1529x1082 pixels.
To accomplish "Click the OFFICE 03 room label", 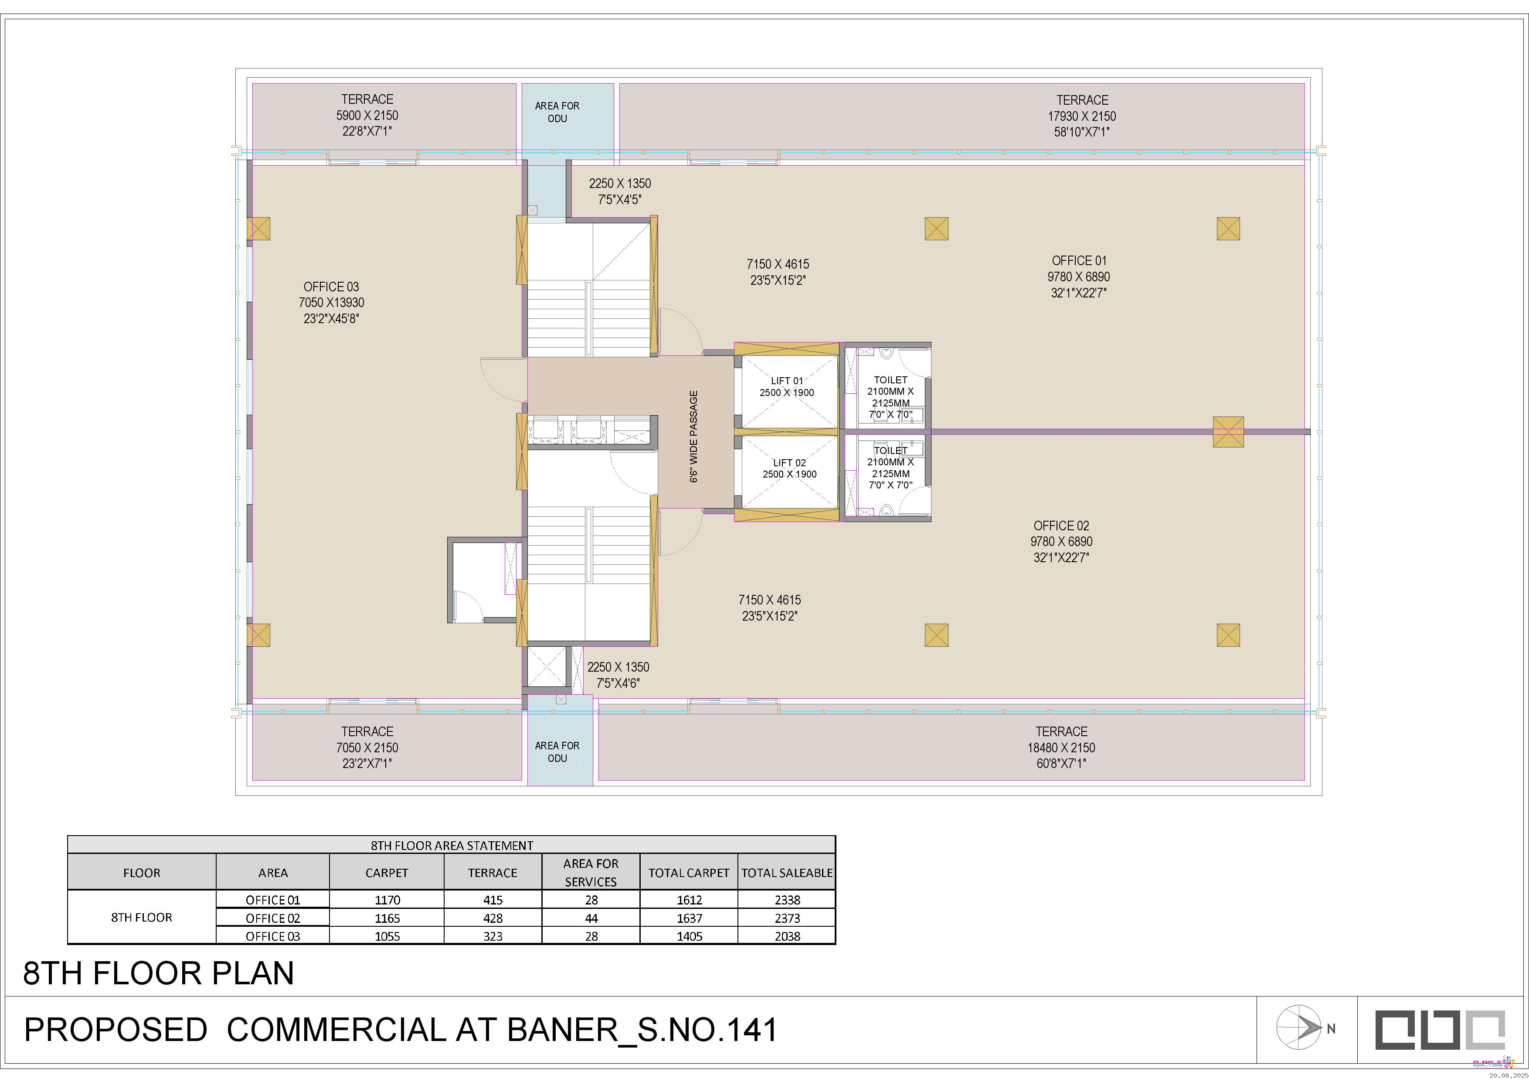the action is [331, 287].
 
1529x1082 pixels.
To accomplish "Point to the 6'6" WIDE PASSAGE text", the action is [694, 437].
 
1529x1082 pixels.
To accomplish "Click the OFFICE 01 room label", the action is [1079, 260].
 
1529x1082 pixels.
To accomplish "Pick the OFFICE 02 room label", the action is [1061, 526].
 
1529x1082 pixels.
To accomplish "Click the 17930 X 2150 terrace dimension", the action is [1082, 116].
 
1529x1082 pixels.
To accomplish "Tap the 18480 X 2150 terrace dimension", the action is [1061, 748].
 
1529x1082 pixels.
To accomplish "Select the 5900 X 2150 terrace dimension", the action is [367, 115].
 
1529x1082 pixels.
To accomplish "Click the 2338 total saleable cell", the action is [787, 899].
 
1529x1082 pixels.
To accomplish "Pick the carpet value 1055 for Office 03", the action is [387, 936].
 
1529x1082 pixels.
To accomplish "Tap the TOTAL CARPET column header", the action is [689, 873].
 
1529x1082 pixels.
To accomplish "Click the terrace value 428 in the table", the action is [493, 918].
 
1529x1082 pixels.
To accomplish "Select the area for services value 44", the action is [591, 918].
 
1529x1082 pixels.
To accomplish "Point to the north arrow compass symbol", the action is [1298, 1027].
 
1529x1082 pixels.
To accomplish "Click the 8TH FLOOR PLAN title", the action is [159, 973].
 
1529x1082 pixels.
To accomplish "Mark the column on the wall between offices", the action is [1228, 432].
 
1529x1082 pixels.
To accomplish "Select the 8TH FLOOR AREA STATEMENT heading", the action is [452, 846].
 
